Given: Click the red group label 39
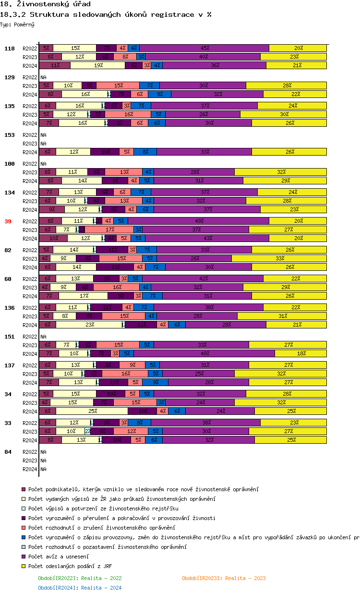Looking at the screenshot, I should coord(8,221).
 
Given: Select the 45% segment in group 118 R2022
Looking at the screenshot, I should coord(205,48).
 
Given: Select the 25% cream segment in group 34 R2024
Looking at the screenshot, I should coord(92,411).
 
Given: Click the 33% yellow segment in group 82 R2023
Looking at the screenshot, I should coord(280,258).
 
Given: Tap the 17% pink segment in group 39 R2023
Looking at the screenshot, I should coord(110,230).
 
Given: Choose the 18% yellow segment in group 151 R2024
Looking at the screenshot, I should coord(301,353).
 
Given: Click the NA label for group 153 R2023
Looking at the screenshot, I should coord(43,144).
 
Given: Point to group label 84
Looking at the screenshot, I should coord(8,452).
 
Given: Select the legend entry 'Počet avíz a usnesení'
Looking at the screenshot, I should coord(59,557).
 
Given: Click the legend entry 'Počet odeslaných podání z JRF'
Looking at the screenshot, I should coord(70,566).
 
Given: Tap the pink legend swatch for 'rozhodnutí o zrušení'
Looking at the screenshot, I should coord(23,528).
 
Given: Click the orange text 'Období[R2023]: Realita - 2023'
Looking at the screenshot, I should coord(224,578).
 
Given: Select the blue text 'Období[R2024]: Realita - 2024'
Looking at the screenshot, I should coord(80,588).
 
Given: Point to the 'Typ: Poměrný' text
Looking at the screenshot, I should coord(17,24).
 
